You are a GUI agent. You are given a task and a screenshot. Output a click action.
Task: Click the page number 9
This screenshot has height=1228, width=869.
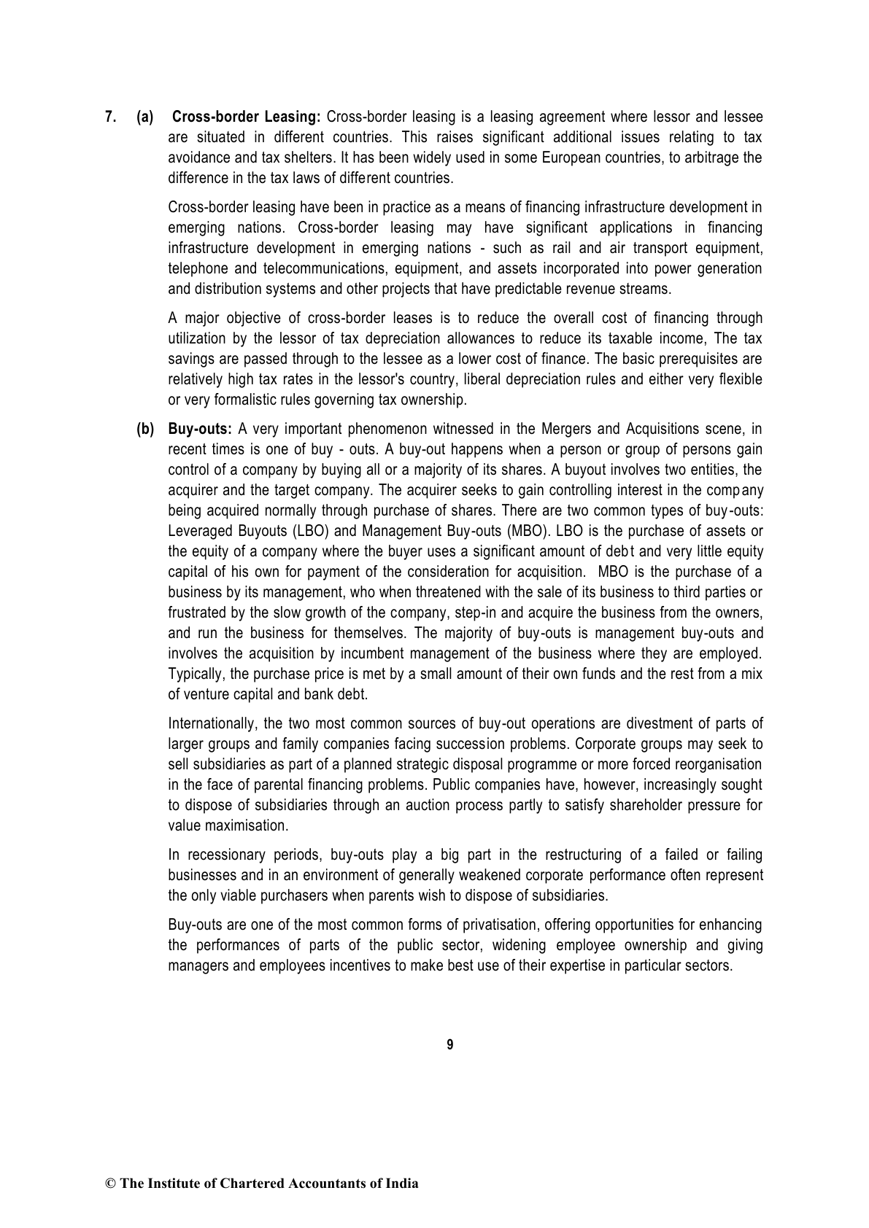click(x=449, y=1045)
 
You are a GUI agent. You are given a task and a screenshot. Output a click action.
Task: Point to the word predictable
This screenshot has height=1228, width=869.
click(x=525, y=289)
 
